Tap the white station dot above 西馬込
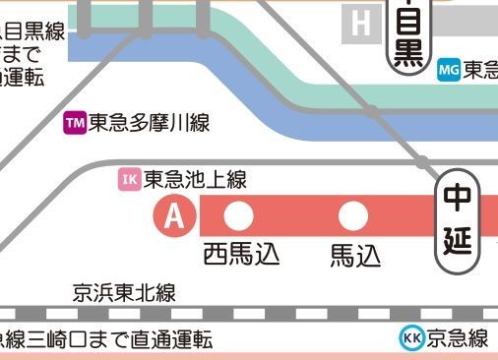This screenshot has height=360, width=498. pyautogui.click(x=239, y=215)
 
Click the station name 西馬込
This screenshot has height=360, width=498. pyautogui.click(x=241, y=254)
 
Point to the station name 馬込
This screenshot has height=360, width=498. pyautogui.click(x=354, y=255)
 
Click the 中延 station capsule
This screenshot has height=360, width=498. pyautogui.click(x=457, y=221)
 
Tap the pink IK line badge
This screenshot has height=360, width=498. pyautogui.click(x=129, y=179)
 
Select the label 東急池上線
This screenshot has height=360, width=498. pyautogui.click(x=195, y=179)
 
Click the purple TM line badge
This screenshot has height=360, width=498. pyautogui.click(x=75, y=123)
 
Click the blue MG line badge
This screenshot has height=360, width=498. pyautogui.click(x=448, y=70)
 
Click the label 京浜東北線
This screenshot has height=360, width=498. pyautogui.click(x=124, y=292)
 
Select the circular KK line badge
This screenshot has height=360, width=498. pyautogui.click(x=411, y=338)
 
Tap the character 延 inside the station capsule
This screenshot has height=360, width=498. pyautogui.click(x=457, y=241)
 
